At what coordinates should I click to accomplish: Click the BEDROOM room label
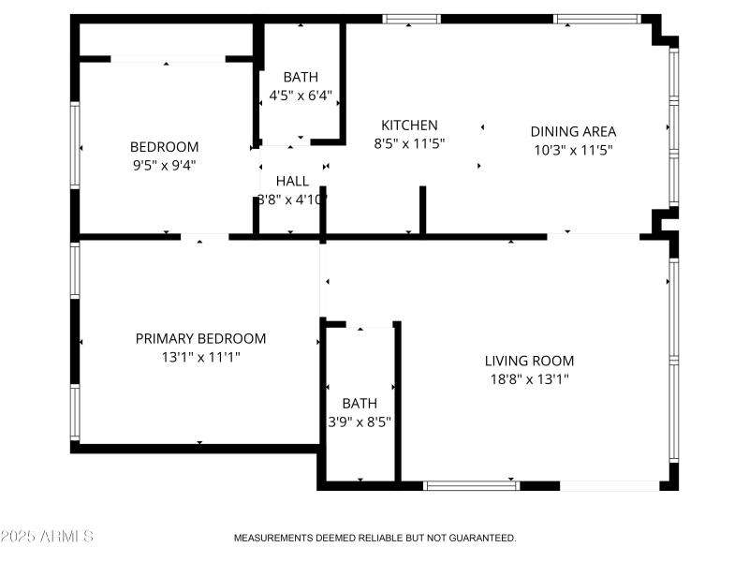(164, 147)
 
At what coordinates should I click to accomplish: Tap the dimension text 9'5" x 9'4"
(164, 165)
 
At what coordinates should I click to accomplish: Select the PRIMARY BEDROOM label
(200, 339)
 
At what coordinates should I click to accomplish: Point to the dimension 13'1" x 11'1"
(200, 357)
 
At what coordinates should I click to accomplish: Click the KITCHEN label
(409, 126)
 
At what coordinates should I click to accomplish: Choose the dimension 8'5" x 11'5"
(409, 143)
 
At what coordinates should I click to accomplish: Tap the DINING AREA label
(573, 132)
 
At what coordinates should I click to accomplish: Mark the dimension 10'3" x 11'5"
(573, 150)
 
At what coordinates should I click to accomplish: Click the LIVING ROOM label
(529, 362)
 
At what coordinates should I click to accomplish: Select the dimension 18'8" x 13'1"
(529, 379)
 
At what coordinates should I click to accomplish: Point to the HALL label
(292, 181)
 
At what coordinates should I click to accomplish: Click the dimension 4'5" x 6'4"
(301, 95)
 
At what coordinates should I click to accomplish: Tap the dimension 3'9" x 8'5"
(360, 421)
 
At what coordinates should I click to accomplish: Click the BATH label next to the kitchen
(301, 77)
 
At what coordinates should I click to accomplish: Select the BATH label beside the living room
(360, 404)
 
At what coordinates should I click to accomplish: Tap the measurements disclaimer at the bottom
(374, 538)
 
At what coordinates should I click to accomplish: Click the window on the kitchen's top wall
(411, 19)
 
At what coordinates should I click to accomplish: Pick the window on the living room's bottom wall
(471, 485)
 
